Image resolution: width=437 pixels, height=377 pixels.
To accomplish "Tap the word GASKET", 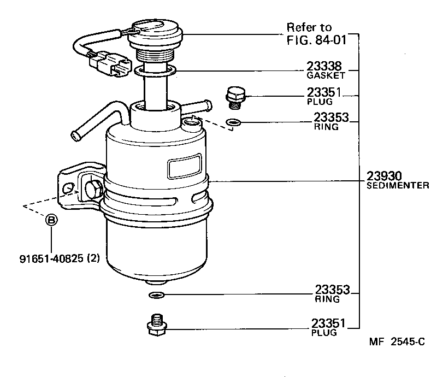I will [x=326, y=75].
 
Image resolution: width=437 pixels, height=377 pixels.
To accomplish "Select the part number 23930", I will [x=384, y=176].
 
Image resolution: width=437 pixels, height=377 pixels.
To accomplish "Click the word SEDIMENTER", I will [x=398, y=186].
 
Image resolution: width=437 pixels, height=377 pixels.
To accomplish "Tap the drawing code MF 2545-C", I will [x=397, y=343].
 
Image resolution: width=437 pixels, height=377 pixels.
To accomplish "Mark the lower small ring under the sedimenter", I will [x=156, y=296].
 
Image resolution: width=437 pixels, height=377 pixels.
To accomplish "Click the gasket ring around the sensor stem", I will [x=155, y=70].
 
